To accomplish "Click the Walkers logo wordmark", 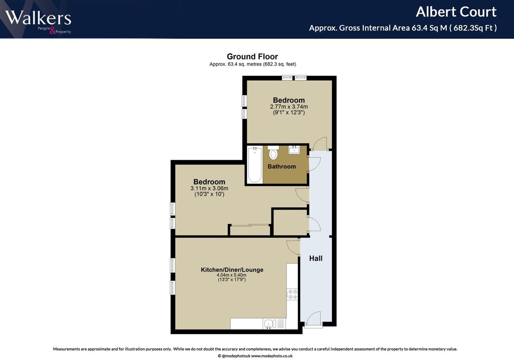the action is pos(38,18).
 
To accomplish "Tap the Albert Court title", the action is pos(456,12).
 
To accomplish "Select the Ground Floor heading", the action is pos(252,57).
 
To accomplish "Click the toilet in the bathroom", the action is pos(273,153).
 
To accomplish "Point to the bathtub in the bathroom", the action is pos(255,165).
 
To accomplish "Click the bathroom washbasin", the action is pos(294,149).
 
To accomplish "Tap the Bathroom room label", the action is pos(282,166).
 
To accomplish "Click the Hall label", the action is pos(316,258).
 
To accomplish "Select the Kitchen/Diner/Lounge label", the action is pos(232,270).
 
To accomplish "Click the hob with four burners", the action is pos(292,294).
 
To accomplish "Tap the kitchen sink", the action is pos(270,324).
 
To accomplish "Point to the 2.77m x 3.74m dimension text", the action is pos(289,106).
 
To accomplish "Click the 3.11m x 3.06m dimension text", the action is pos(209,188).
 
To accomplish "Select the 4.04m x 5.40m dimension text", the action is pos(232,275).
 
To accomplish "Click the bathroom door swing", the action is pos(314,164).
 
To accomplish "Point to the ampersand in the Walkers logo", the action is pos(52,31).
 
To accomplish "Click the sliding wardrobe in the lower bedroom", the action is pos(250,230).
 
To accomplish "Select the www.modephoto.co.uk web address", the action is pos(272,356).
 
